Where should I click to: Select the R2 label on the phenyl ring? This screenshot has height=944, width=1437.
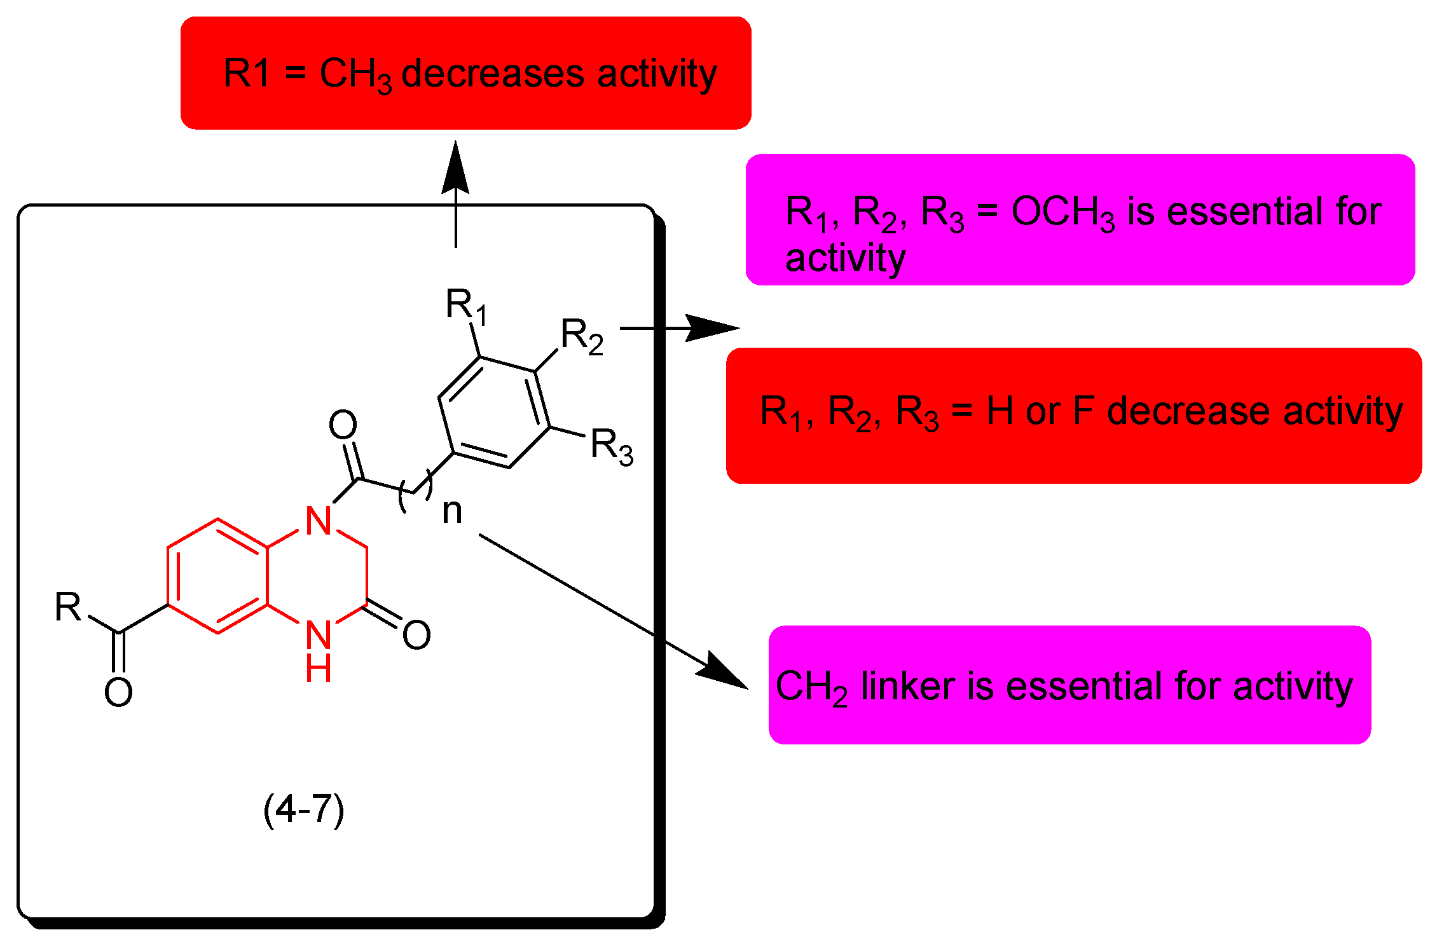[581, 336]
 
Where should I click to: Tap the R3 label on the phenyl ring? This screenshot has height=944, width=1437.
[611, 446]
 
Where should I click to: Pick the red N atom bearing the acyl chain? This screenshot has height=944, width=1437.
[318, 521]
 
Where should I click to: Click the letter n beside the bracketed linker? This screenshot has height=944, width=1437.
[452, 510]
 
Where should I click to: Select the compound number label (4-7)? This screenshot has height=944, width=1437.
[304, 809]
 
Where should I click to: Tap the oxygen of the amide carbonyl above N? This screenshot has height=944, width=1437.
[343, 425]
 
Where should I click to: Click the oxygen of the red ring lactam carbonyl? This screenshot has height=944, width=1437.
[416, 634]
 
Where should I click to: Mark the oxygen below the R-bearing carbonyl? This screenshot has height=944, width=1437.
[118, 692]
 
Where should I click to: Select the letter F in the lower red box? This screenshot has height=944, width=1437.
[1083, 411]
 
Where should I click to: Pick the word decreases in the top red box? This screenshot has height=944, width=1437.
[492, 74]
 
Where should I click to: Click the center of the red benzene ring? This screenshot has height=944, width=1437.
[217, 576]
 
